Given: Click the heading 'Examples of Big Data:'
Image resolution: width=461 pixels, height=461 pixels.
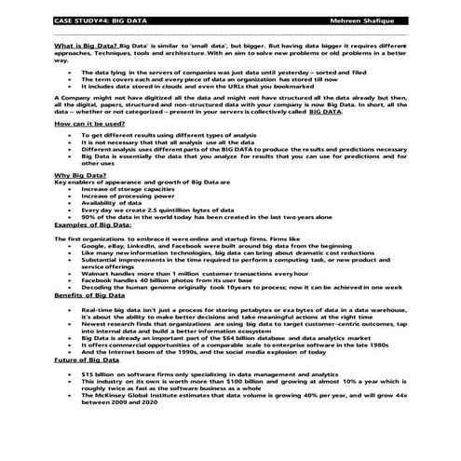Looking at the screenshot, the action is [x=92, y=224].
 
